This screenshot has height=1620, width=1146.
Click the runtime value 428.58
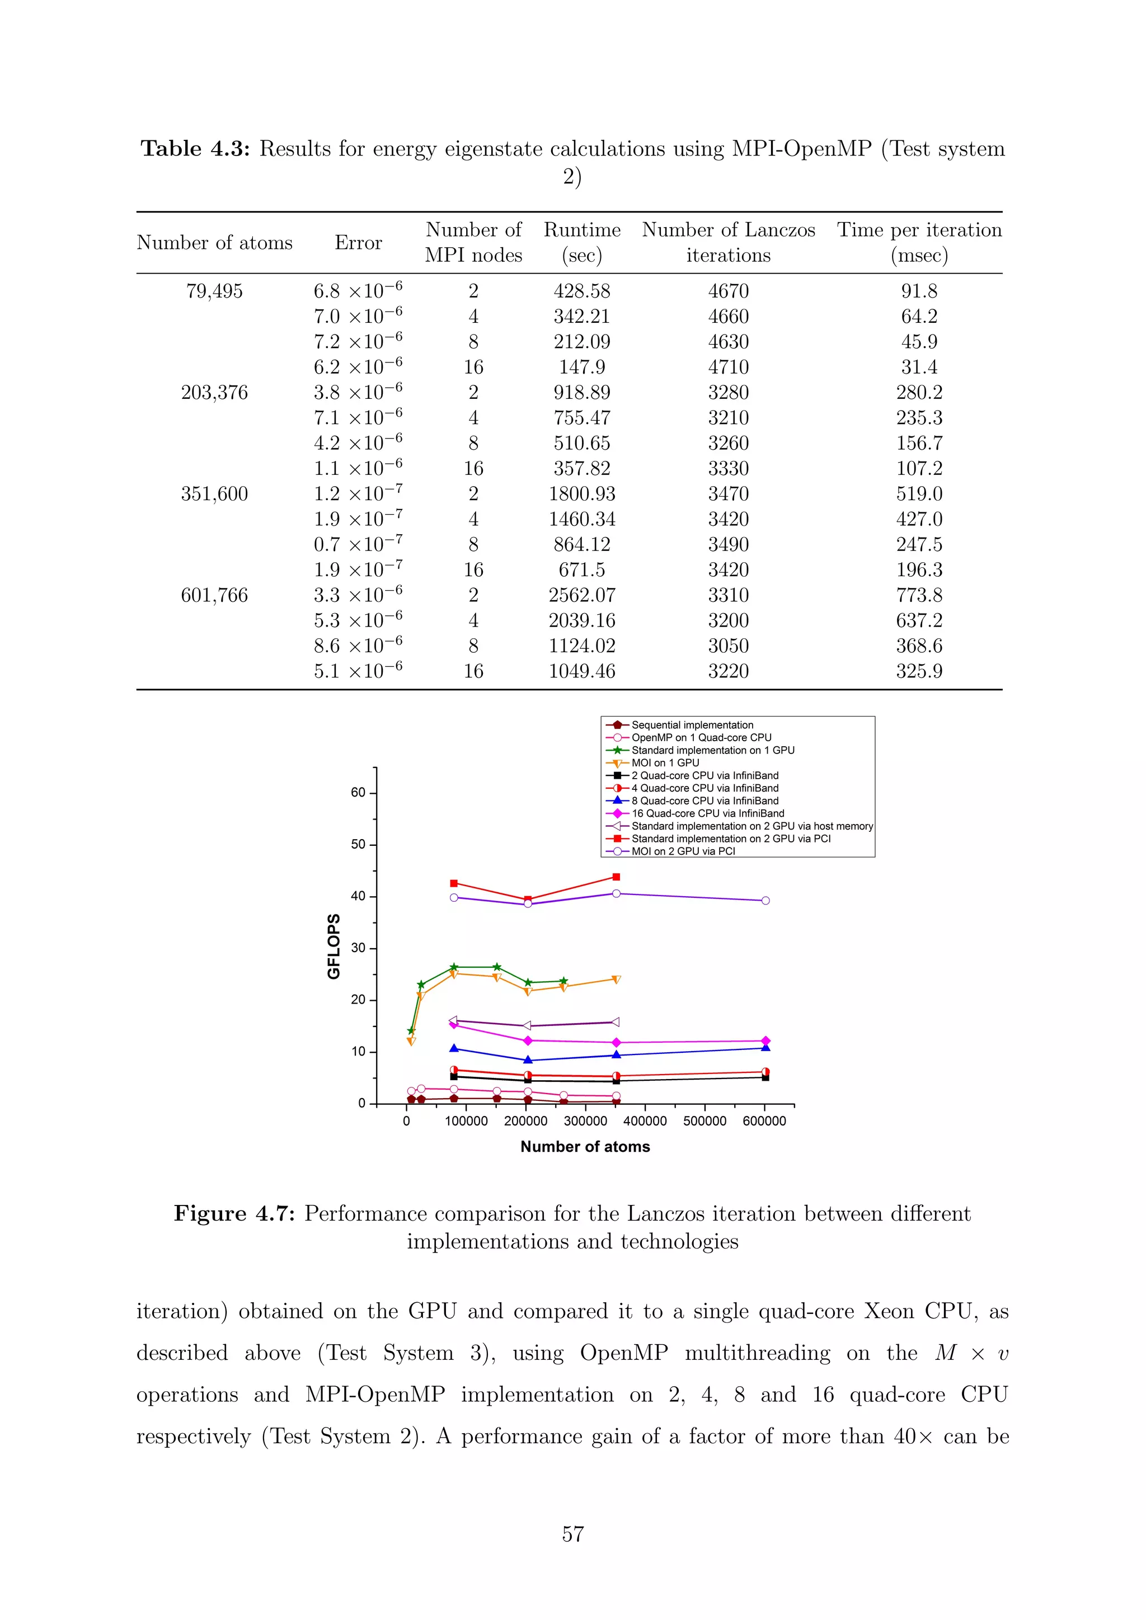(x=581, y=291)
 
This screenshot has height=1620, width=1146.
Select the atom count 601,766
(x=214, y=596)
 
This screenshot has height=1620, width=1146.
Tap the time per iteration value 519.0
(x=919, y=494)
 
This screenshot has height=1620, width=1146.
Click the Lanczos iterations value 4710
(x=728, y=368)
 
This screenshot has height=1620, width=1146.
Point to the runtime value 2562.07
(x=581, y=596)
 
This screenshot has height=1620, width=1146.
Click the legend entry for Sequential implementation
(x=692, y=724)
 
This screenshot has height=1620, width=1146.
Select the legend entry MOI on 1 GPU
(x=665, y=762)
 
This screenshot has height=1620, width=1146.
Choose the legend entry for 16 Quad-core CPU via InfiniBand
(x=707, y=813)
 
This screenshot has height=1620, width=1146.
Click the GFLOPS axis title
(x=334, y=946)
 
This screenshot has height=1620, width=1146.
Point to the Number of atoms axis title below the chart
(x=585, y=1147)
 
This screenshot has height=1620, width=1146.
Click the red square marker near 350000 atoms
(x=616, y=877)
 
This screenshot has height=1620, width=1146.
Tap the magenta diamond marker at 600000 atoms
(x=765, y=1040)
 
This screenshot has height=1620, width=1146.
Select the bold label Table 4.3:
(x=195, y=149)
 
